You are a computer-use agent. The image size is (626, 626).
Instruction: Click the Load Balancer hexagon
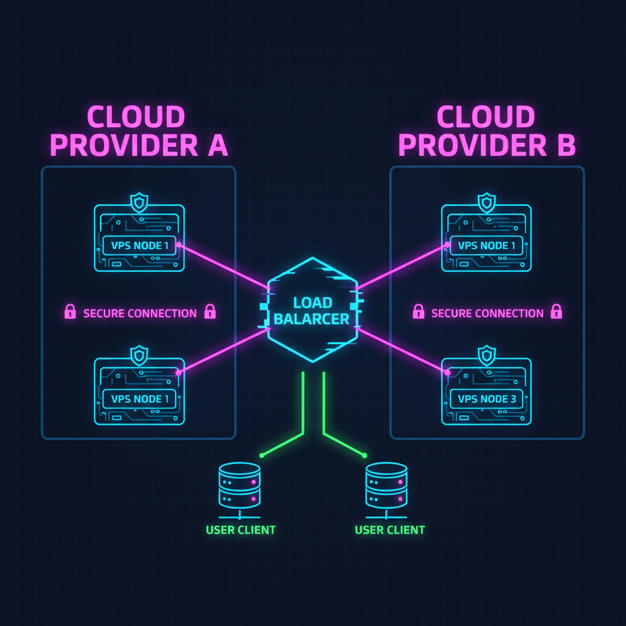pos(312,310)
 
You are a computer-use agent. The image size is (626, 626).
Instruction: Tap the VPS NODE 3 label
pos(487,399)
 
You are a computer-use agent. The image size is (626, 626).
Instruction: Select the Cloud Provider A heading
pos(138,131)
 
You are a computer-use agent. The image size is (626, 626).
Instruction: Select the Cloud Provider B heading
pos(487,131)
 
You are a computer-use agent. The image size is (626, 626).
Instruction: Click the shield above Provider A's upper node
pos(139,202)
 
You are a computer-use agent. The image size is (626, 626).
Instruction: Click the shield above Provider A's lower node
pos(139,355)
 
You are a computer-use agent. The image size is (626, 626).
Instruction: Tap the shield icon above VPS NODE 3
pos(487,355)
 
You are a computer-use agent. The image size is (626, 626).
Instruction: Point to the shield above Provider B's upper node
pos(487,202)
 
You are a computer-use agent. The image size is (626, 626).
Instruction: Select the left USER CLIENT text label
pos(240,529)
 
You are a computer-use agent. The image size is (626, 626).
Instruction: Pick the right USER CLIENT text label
pos(389,529)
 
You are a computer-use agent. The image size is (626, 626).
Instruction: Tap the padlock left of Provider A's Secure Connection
pos(70,312)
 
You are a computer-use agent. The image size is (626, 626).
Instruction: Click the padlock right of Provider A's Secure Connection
pos(210,312)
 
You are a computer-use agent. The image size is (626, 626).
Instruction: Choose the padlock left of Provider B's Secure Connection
pos(418,312)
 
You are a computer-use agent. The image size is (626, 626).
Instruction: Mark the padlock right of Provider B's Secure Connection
pos(556,312)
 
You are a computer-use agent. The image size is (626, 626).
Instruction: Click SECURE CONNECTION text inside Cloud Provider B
pos(487,314)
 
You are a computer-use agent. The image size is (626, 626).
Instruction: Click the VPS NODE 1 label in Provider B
pos(487,246)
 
